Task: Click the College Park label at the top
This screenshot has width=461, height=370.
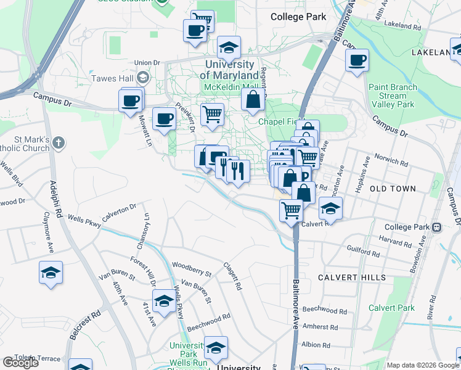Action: tap(298, 17)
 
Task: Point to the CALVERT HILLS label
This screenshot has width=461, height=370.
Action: tap(352, 277)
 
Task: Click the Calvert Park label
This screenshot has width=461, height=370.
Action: tap(391, 308)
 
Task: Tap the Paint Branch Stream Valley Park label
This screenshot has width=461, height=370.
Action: tap(396, 96)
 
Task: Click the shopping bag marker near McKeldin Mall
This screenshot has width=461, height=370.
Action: tap(253, 99)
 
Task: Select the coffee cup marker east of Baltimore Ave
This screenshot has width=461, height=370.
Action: tap(357, 61)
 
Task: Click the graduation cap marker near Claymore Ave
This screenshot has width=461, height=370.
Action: tap(51, 273)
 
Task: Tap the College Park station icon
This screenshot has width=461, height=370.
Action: tap(436, 227)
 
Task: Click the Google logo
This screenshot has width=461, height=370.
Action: tap(21, 363)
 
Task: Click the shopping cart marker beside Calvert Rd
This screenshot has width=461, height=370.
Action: tap(291, 210)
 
